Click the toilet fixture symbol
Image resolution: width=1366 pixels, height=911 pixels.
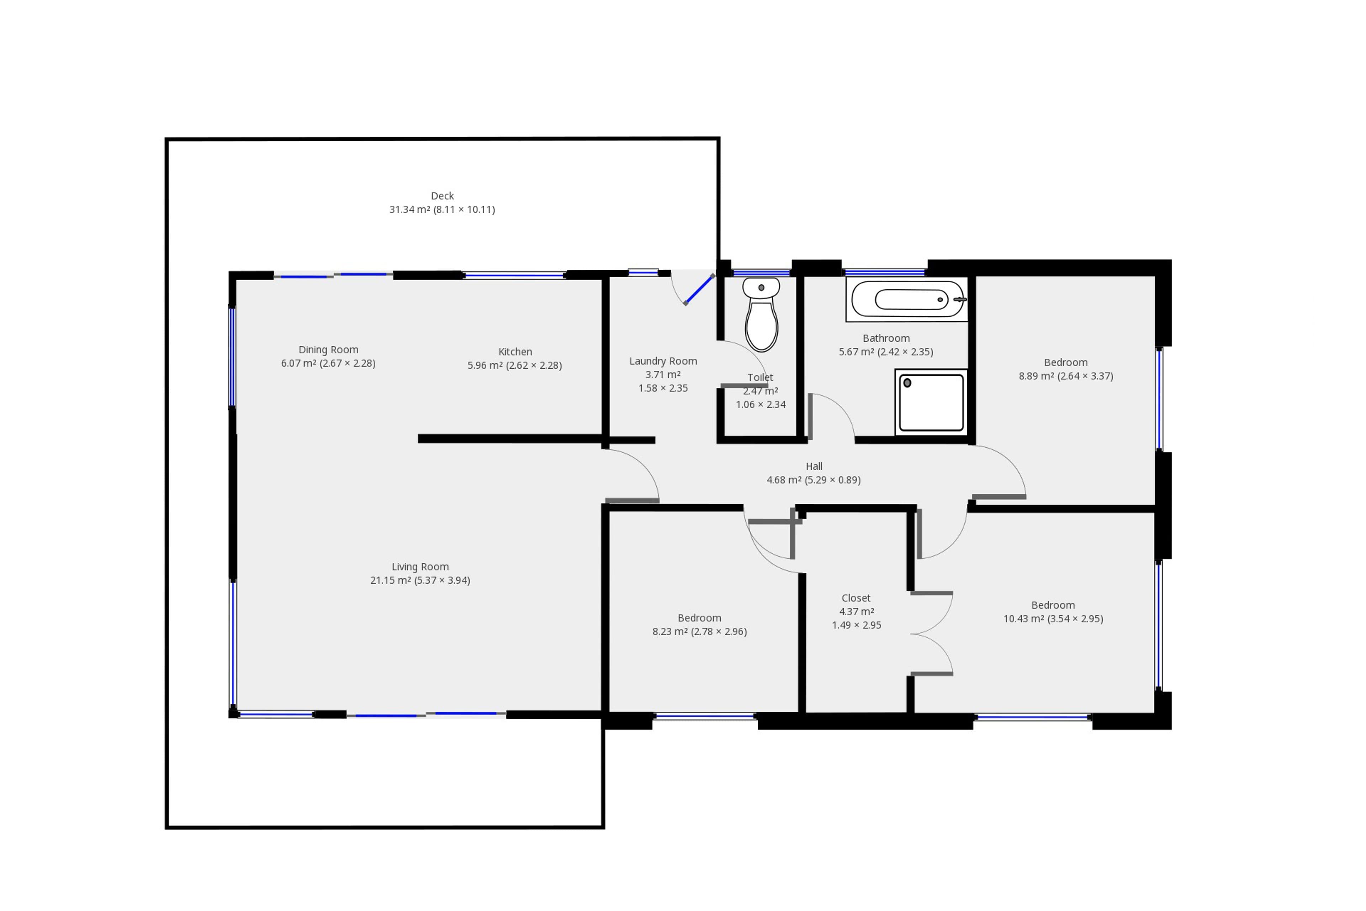click(x=761, y=315)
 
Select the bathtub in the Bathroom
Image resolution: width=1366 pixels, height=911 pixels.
click(x=907, y=299)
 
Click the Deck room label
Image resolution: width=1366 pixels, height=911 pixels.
click(x=442, y=196)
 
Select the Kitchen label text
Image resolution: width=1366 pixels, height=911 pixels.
click(x=515, y=352)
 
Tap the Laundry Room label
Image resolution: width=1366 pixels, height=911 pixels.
click(x=663, y=361)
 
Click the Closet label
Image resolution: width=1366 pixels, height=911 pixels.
click(x=856, y=598)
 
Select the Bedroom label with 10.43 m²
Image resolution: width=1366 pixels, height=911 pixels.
click(x=1053, y=605)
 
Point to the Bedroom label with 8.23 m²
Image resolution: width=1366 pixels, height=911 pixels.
click(x=699, y=618)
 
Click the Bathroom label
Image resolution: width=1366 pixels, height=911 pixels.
click(x=886, y=338)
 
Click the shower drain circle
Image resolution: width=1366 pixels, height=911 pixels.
click(x=907, y=383)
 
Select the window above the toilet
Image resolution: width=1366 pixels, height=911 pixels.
click(x=761, y=273)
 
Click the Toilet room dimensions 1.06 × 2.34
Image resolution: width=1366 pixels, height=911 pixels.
click(x=761, y=404)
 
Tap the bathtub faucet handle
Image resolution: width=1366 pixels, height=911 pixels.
click(x=959, y=300)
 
